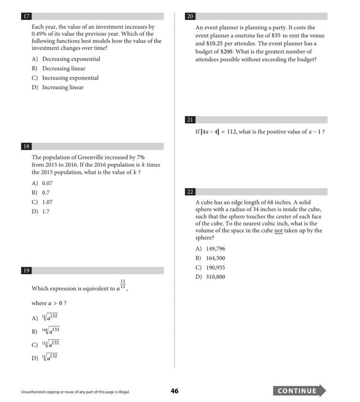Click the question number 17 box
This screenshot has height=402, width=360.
click(x=26, y=16)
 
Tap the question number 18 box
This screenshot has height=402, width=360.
click(x=26, y=146)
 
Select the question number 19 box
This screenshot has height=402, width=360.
click(x=26, y=271)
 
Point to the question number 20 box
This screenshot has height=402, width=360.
click(x=190, y=16)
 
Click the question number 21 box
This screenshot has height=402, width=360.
click(x=190, y=120)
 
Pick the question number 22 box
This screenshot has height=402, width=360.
click(x=190, y=192)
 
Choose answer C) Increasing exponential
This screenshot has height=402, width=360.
click(x=65, y=78)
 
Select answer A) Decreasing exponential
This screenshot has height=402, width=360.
click(x=66, y=59)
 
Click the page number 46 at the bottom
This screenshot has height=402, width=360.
click(x=174, y=391)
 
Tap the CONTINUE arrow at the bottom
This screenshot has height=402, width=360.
click(x=300, y=391)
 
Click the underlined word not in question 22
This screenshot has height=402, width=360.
click(x=278, y=230)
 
